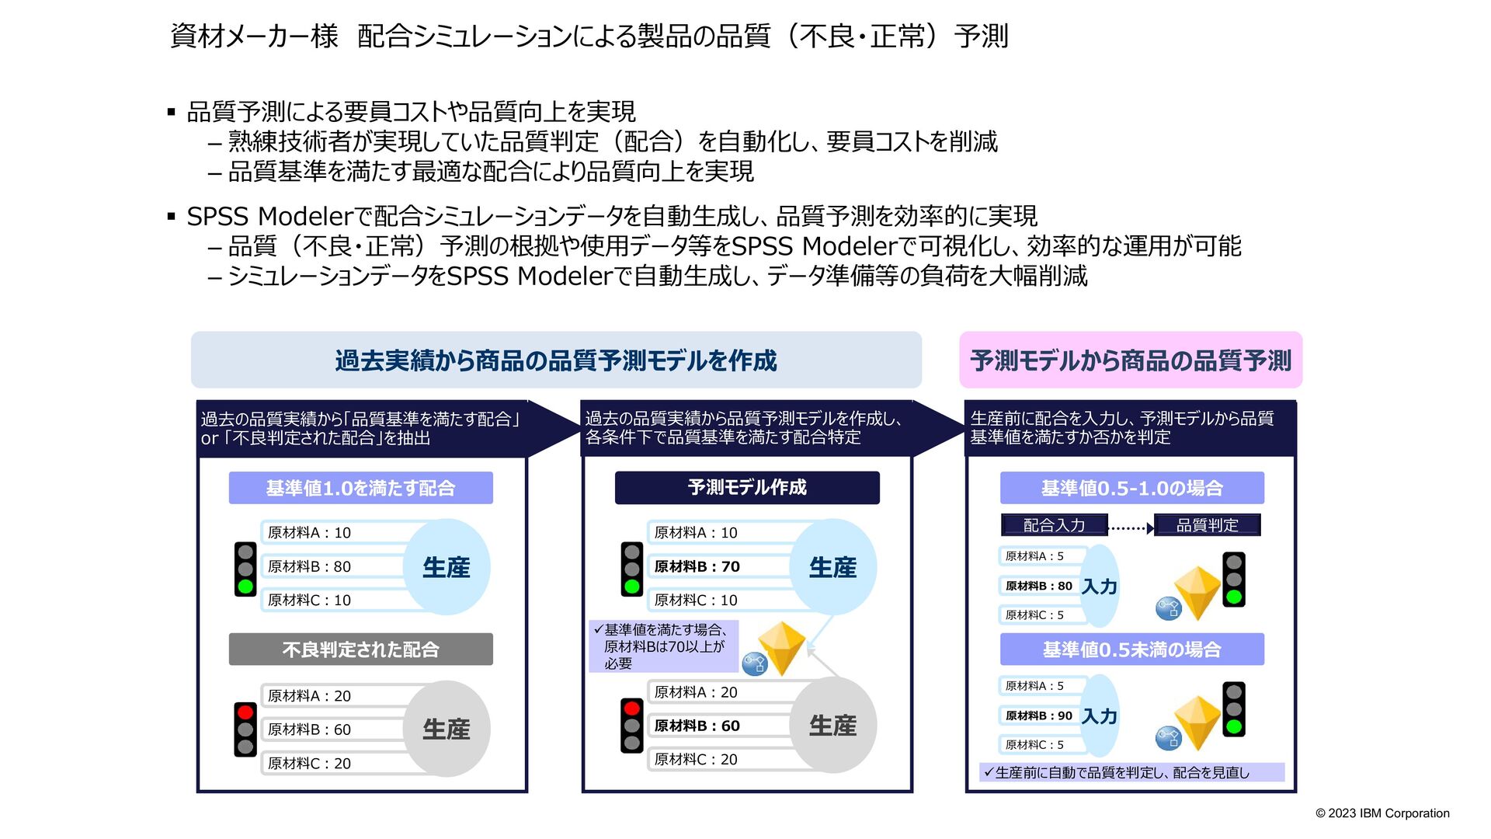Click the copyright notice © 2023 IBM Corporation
point(1382,813)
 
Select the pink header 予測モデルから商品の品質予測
point(1130,360)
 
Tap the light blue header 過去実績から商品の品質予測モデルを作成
point(556,360)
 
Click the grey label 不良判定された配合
point(360,649)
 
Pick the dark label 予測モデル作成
point(747,488)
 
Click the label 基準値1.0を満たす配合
point(360,488)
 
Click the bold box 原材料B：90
point(1039,715)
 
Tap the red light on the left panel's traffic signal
point(245,712)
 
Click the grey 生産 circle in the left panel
point(447,729)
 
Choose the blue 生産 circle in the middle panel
point(832,567)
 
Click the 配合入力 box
point(1054,525)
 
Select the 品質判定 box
point(1207,525)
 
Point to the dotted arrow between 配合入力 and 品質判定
point(1131,528)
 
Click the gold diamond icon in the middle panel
point(781,647)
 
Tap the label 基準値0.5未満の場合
point(1131,649)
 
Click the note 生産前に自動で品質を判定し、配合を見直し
point(1122,772)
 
